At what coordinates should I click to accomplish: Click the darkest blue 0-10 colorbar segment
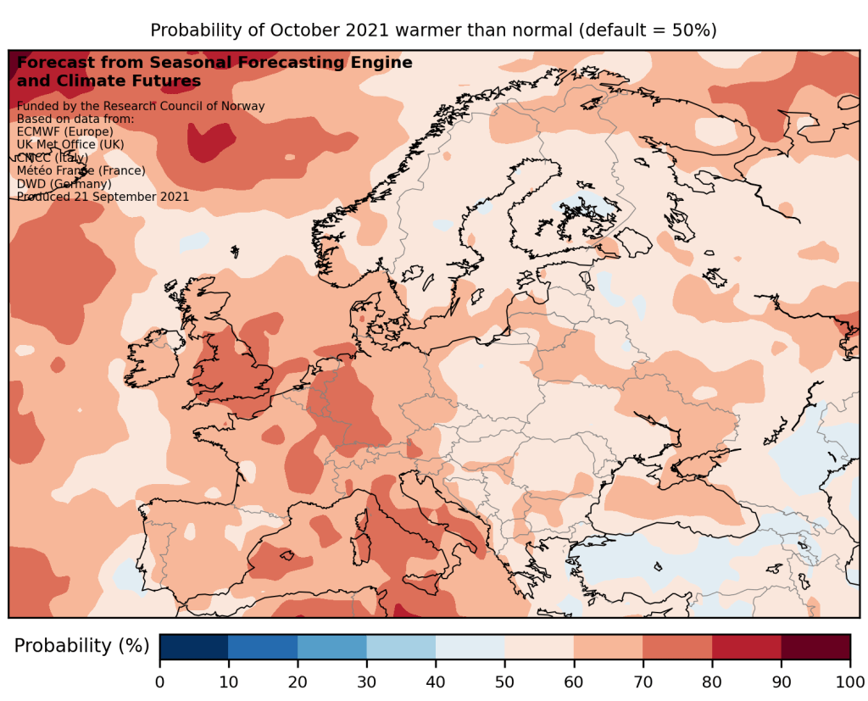[193, 646]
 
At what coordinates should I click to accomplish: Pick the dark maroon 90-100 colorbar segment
[815, 646]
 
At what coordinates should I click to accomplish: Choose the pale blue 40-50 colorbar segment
[470, 646]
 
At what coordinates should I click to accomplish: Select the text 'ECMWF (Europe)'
[64, 132]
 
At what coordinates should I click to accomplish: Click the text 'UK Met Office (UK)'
[70, 145]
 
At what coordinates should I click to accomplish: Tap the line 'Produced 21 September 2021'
[103, 197]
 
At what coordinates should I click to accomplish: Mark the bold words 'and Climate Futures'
[108, 81]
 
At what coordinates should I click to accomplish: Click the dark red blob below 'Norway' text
[209, 142]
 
